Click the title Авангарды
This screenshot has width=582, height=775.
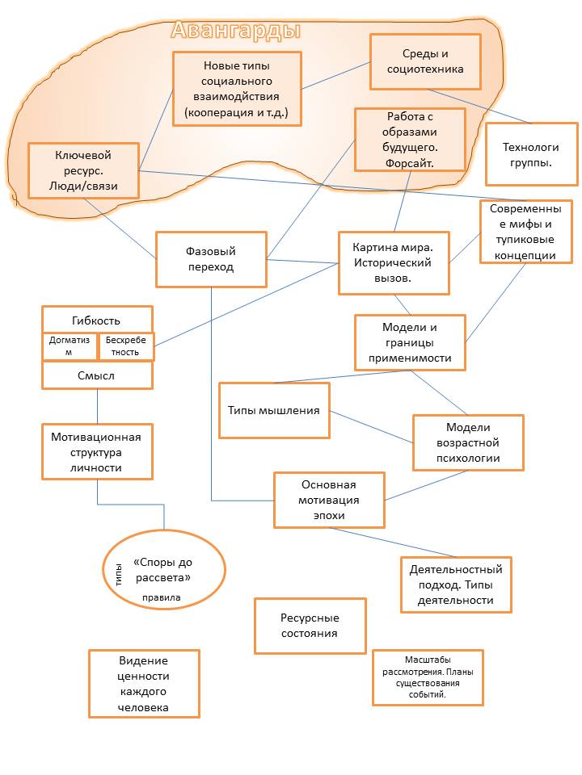coord(236,31)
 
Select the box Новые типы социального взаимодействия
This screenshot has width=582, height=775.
coord(237,89)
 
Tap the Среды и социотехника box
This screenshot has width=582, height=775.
coord(425,61)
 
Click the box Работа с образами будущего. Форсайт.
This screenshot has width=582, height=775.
coord(410,139)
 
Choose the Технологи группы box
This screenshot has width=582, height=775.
coord(531,154)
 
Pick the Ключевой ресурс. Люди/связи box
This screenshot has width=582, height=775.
coord(82,170)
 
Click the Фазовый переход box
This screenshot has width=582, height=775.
coord(211,259)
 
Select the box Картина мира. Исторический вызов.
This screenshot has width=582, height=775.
coord(394,262)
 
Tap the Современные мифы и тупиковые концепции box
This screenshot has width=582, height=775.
coord(526,232)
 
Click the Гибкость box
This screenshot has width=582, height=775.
coord(97,319)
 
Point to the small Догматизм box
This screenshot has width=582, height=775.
coord(70,347)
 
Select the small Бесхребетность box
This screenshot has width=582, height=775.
coord(125,347)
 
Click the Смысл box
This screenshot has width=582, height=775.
coord(97,375)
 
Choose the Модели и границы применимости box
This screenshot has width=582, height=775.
coord(410,342)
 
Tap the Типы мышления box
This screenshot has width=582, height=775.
coord(275,410)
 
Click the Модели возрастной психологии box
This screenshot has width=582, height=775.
coord(468,442)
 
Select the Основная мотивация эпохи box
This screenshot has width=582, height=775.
coord(329,500)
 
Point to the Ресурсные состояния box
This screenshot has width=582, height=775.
coord(310,626)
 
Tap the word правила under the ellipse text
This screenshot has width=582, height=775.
coord(162,598)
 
